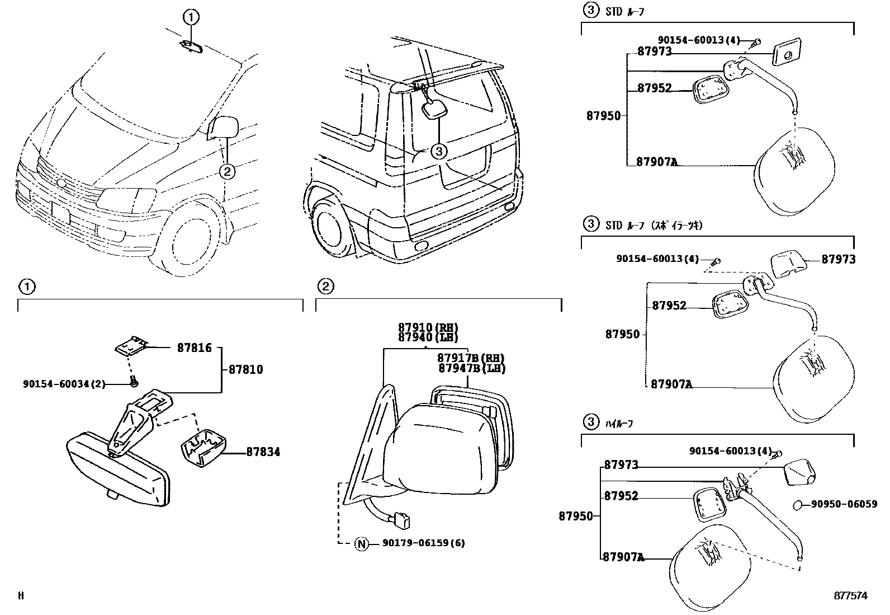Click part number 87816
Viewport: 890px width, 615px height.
coord(195,348)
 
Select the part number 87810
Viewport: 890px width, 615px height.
coord(245,370)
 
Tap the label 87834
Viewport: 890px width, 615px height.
coord(263,452)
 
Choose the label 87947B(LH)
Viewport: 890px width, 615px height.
coord(472,368)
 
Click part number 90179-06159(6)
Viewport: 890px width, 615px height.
coord(424,543)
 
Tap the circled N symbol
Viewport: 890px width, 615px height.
coord(362,543)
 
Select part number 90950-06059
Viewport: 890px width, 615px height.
coord(844,504)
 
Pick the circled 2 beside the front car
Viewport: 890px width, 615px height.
coord(226,171)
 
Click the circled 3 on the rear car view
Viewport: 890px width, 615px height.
coord(439,151)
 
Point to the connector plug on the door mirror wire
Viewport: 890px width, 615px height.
coord(401,519)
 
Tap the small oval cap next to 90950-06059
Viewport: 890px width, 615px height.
coord(798,505)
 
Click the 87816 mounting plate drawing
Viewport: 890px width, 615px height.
coord(131,347)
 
